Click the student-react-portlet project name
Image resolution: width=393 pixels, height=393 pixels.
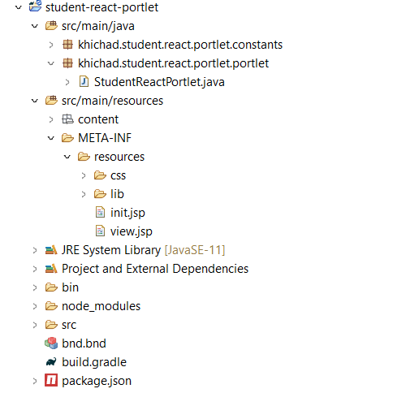pyautogui.click(x=101, y=7)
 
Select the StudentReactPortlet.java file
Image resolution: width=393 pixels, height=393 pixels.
pyautogui.click(x=159, y=82)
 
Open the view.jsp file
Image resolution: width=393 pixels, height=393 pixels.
pyautogui.click(x=132, y=231)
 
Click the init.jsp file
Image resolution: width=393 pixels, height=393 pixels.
pyautogui.click(x=127, y=213)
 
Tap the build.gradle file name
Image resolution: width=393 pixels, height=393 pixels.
pyautogui.click(x=94, y=362)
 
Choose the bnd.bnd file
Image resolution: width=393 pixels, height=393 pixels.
pyautogui.click(x=84, y=343)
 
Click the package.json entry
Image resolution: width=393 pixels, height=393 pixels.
pyautogui.click(x=97, y=381)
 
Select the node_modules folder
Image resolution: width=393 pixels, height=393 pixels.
pyautogui.click(x=101, y=306)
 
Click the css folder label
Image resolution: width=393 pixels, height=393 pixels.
pyautogui.click(x=118, y=176)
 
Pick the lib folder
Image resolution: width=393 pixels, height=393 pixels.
pyautogui.click(x=117, y=194)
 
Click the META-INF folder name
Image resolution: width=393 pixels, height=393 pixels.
pyautogui.click(x=105, y=138)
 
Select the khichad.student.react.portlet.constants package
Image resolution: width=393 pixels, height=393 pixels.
pyautogui.click(x=180, y=45)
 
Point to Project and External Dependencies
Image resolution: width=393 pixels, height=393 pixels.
pyautogui.click(x=155, y=269)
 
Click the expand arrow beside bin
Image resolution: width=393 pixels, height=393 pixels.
pyautogui.click(x=35, y=287)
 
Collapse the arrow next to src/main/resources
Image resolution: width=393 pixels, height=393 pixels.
pyautogui.click(x=35, y=101)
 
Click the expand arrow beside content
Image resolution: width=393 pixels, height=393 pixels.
pyautogui.click(x=51, y=119)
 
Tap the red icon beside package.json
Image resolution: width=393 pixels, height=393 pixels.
pyautogui.click(x=51, y=381)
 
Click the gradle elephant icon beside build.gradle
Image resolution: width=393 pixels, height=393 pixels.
pyautogui.click(x=51, y=362)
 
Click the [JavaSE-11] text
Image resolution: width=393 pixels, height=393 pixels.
pyautogui.click(x=195, y=250)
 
